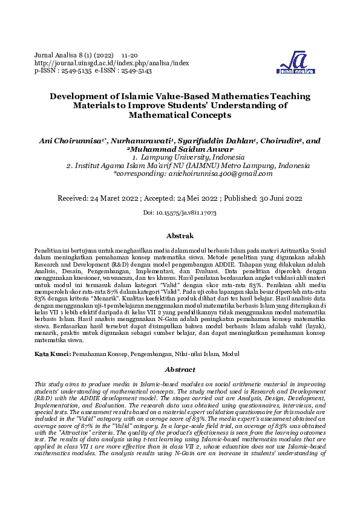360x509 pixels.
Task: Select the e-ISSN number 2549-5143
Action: point(133,71)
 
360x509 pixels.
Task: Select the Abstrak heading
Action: point(180,236)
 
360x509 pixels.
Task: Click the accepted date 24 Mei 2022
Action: point(196,198)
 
